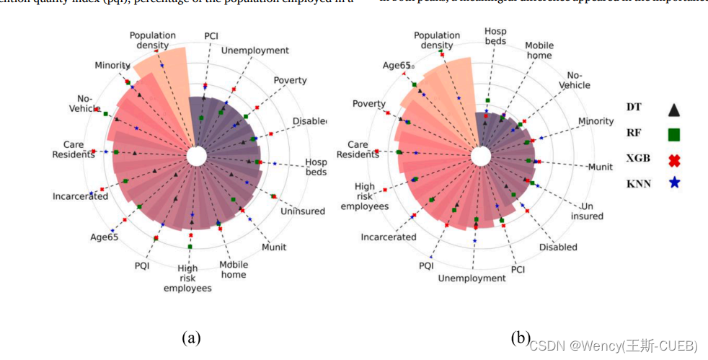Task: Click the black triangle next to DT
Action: [673, 110]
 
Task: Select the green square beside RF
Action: [673, 134]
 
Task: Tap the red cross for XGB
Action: [673, 159]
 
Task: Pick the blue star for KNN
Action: [673, 183]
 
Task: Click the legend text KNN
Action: [638, 184]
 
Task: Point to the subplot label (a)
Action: [191, 337]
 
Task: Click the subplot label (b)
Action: [521, 337]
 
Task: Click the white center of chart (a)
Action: [196, 156]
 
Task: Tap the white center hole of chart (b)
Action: [481, 157]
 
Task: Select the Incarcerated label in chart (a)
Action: [80, 196]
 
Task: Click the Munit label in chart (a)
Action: [274, 247]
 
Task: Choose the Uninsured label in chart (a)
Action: [301, 211]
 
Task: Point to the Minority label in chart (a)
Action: [112, 66]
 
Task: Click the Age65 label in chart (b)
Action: [397, 66]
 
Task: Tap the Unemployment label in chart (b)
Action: [472, 278]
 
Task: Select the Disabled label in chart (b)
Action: [558, 247]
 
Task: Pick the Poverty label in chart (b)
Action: [369, 104]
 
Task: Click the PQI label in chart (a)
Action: [142, 265]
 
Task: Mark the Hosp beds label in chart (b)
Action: [495, 36]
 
